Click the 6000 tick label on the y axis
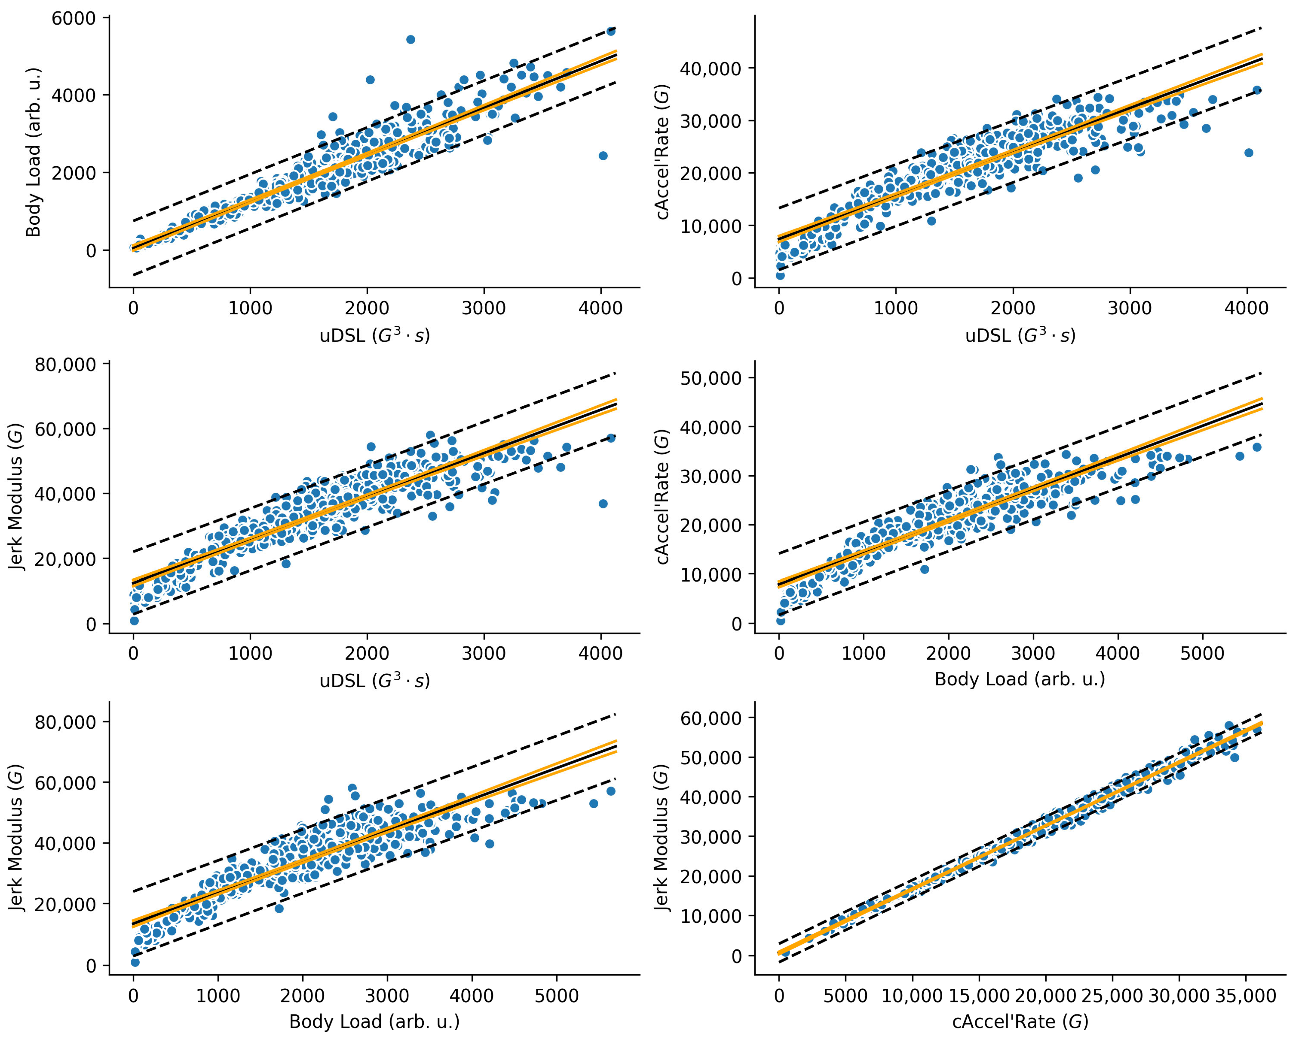pyautogui.click(x=73, y=19)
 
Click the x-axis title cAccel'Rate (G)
pyautogui.click(x=1020, y=1022)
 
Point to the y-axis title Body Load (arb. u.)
pyautogui.click(x=33, y=152)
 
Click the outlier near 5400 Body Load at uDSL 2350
pyautogui.click(x=410, y=40)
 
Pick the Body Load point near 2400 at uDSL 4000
pyautogui.click(x=603, y=156)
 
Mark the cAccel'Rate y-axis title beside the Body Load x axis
pyautogui.click(x=663, y=497)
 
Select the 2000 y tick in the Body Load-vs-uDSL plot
pyautogui.click(x=73, y=173)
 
